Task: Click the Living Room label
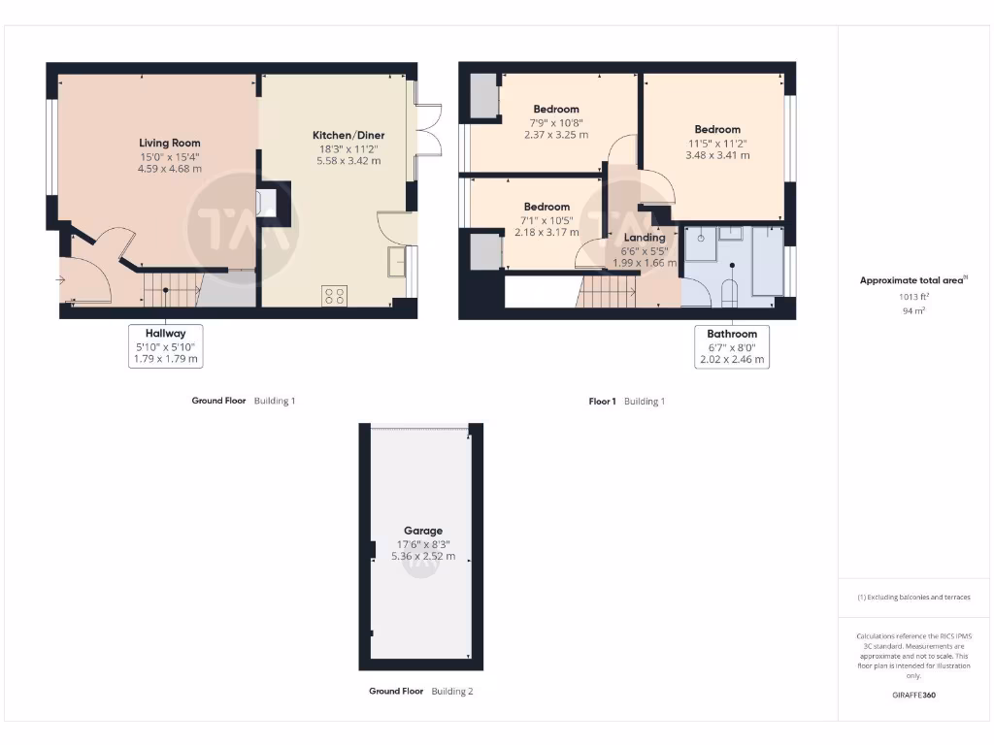(x=170, y=143)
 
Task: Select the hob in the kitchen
(x=335, y=295)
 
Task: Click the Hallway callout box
(x=167, y=346)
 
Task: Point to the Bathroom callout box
(x=732, y=346)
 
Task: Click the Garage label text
(x=423, y=531)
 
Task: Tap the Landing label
(x=645, y=237)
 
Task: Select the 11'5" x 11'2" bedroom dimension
(x=717, y=143)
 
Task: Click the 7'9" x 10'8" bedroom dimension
(x=556, y=122)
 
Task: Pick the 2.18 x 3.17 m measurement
(x=547, y=232)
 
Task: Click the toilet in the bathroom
(x=730, y=290)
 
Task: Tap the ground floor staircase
(x=170, y=289)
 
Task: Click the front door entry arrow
(x=61, y=280)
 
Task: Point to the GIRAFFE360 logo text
(x=913, y=695)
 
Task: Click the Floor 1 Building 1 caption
(x=627, y=401)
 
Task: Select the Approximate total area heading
(x=913, y=280)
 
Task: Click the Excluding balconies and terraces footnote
(x=913, y=598)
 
